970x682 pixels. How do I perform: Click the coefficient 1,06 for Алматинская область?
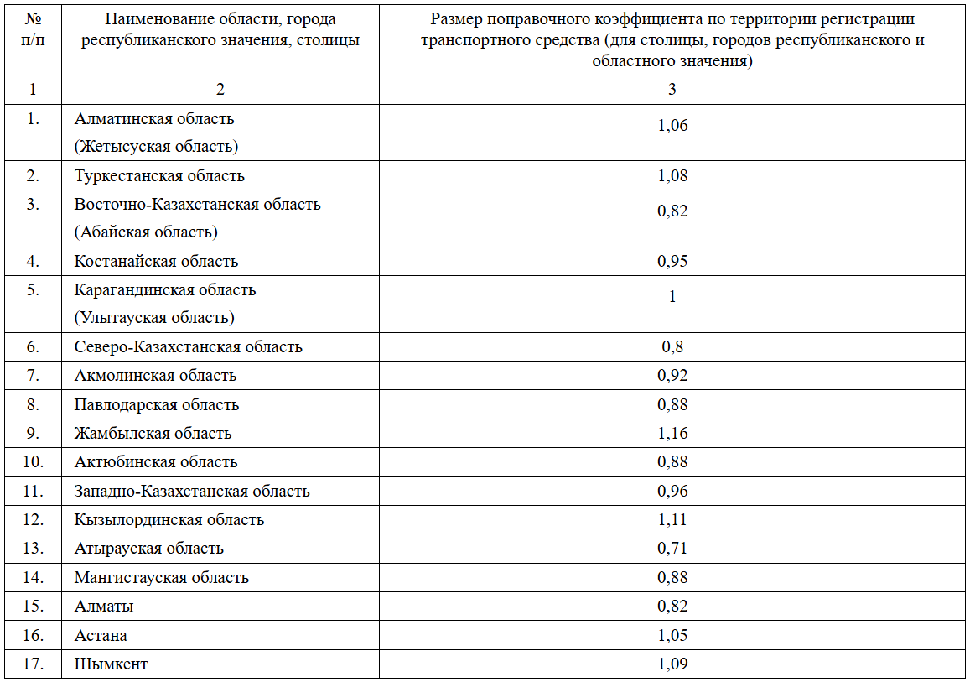click(x=672, y=126)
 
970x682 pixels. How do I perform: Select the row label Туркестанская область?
click(x=159, y=176)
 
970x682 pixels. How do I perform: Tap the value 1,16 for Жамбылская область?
click(x=672, y=433)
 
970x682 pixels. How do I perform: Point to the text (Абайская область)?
click(x=146, y=232)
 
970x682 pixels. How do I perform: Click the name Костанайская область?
click(x=156, y=261)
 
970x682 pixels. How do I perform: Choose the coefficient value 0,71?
click(x=672, y=549)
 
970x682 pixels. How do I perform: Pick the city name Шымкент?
click(x=111, y=664)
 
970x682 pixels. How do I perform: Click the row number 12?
click(x=33, y=519)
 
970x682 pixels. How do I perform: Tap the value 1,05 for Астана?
click(x=672, y=636)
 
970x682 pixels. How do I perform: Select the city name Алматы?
click(x=104, y=607)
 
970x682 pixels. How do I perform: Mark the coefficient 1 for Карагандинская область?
click(x=672, y=297)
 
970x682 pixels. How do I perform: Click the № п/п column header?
click(x=33, y=29)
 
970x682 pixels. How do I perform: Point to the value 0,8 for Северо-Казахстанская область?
click(x=672, y=346)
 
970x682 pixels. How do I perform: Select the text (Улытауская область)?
click(x=154, y=317)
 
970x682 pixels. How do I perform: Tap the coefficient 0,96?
click(x=672, y=492)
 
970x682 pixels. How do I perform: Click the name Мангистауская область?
click(x=162, y=577)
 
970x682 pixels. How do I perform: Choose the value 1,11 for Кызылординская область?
click(x=672, y=520)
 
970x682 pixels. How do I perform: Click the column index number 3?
click(x=672, y=90)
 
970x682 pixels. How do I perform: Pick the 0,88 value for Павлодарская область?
click(x=672, y=404)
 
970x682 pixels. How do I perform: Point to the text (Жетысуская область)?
click(x=156, y=147)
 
